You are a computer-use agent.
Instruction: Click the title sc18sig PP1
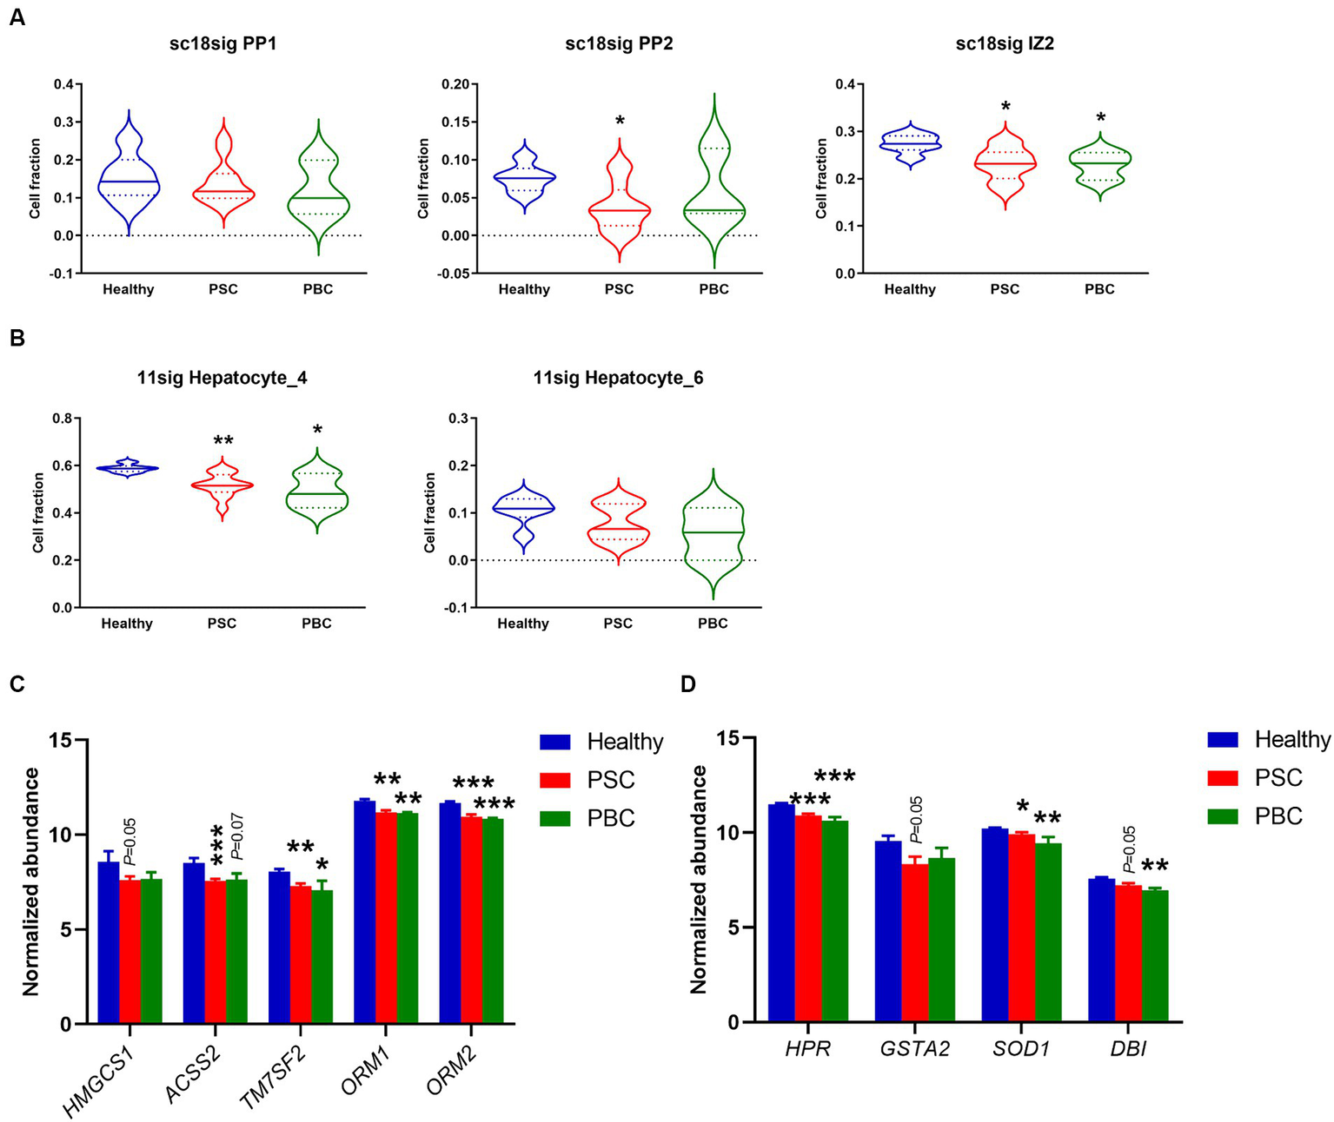(223, 43)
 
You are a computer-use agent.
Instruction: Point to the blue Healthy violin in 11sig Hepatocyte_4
(128, 468)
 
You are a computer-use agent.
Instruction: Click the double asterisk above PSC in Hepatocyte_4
(222, 439)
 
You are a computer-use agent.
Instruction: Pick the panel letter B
(17, 338)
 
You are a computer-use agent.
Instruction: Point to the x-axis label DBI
(1127, 1049)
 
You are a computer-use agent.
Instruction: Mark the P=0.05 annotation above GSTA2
(916, 820)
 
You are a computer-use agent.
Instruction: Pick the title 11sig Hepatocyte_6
(618, 378)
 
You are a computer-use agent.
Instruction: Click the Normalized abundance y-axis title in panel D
(698, 879)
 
